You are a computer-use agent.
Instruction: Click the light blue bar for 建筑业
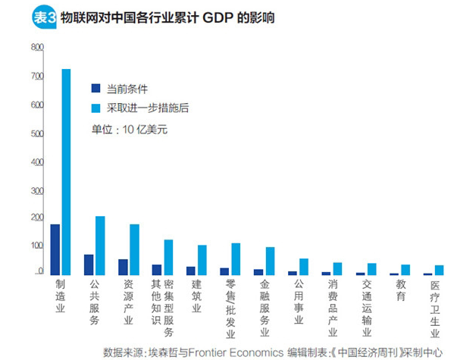[202, 260]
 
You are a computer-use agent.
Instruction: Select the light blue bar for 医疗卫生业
[439, 270]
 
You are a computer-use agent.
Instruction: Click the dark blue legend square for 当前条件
[96, 88]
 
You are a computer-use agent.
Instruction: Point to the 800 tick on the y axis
[37, 48]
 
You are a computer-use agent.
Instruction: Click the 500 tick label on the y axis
[37, 134]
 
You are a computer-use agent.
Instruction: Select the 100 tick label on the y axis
[37, 246]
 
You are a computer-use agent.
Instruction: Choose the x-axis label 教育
[400, 290]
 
